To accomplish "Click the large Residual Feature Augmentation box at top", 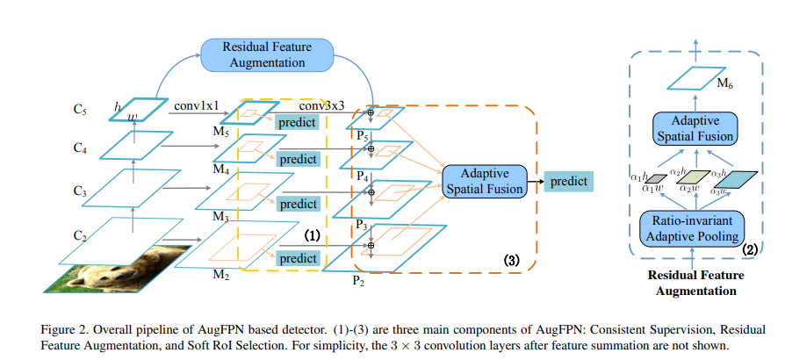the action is tap(267, 54).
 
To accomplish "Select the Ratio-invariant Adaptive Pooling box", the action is tap(693, 227).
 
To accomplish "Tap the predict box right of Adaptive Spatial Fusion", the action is tap(569, 181).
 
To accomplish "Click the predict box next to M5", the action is tap(297, 123).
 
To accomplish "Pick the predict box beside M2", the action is tap(298, 258).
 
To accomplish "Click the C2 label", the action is tap(80, 235).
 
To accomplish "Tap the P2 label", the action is tap(358, 280).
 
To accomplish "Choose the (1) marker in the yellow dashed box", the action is tap(312, 236).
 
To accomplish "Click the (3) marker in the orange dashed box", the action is tap(512, 261).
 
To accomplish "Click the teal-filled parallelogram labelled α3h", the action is tap(738, 179).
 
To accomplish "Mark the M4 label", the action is tap(220, 169).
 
